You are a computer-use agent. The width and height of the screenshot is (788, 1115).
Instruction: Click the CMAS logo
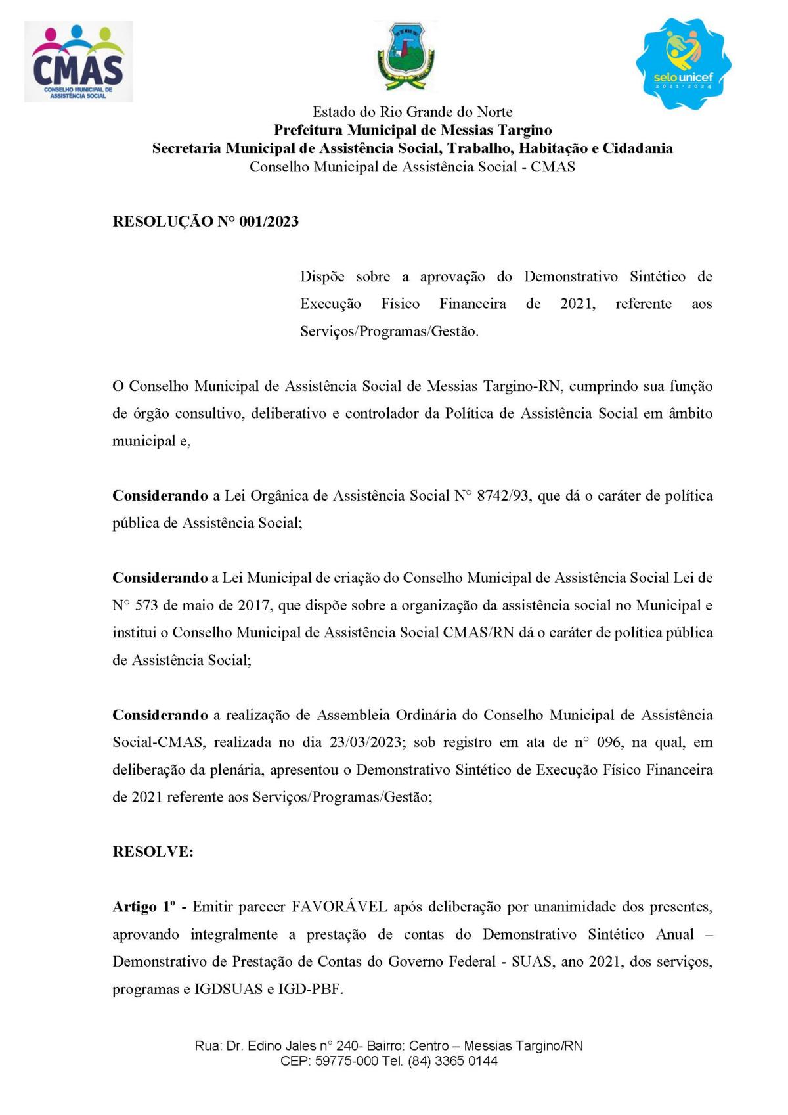pos(78,62)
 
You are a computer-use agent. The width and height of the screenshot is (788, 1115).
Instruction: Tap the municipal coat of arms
pos(406,56)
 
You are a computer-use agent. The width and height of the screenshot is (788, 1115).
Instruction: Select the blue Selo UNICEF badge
pos(683,64)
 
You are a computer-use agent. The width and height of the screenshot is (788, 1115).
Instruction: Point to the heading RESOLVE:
pos(153,852)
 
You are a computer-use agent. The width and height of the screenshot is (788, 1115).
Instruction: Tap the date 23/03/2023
pos(366,742)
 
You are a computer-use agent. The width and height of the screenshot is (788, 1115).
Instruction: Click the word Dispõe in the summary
pos(322,277)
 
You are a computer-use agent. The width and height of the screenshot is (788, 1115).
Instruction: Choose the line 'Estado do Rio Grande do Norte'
pos(412,112)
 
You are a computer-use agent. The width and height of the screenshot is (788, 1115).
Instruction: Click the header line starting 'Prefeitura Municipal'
pos(412,130)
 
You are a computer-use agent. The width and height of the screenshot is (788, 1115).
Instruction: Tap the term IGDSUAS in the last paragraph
pos(229,989)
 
